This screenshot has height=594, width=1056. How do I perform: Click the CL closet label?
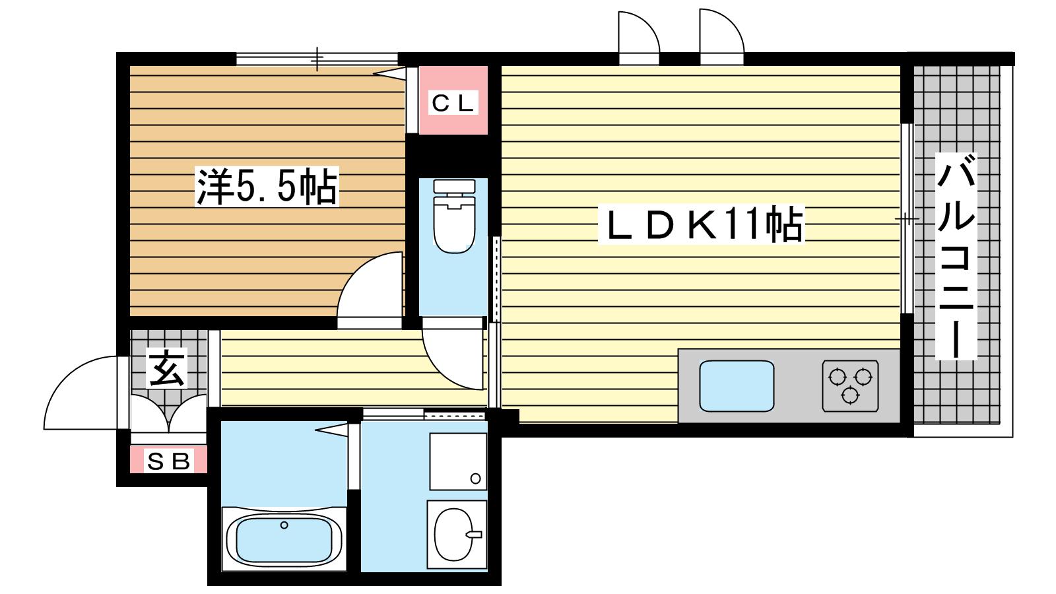point(453,103)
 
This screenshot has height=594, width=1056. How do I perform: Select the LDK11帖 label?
point(701,224)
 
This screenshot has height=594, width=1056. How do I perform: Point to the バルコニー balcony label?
point(956,256)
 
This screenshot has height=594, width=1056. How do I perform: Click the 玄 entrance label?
point(167,368)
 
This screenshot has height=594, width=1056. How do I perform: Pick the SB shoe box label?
point(168,461)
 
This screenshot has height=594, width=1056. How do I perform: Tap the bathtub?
point(284,539)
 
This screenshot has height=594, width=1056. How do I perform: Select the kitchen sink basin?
point(737,386)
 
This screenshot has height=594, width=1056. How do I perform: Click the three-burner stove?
point(851,386)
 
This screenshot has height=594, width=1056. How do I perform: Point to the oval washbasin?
point(453,535)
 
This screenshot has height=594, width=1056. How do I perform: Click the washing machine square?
point(458,461)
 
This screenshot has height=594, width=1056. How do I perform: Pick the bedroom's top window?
point(317,59)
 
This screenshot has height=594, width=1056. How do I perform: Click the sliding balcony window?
point(907,218)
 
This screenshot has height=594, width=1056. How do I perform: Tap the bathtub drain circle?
point(284,525)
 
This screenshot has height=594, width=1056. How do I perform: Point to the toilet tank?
point(454,186)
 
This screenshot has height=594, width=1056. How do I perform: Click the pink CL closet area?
point(453,100)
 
